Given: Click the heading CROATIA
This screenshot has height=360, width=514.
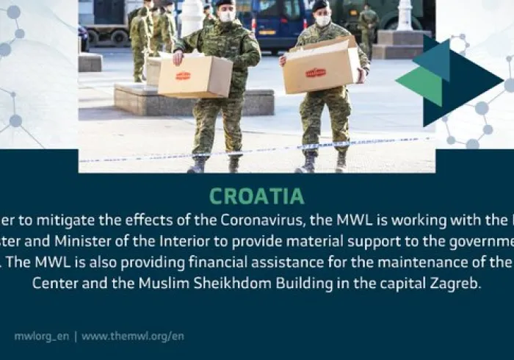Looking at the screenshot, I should pyautogui.click(x=256, y=196).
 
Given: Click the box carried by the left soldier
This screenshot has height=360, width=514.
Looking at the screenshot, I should pyautogui.click(x=195, y=76).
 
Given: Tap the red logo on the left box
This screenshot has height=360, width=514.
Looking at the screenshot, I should pyautogui.click(x=183, y=76).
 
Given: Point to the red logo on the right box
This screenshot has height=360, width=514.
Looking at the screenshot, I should pyautogui.click(x=316, y=73).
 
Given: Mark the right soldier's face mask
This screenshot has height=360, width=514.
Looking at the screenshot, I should pyautogui.click(x=322, y=21).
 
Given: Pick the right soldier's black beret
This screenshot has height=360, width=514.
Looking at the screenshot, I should pyautogui.click(x=320, y=6).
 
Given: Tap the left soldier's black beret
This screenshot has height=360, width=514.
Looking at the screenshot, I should pyautogui.click(x=223, y=3).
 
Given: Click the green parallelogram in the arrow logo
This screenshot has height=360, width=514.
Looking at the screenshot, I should pyautogui.click(x=420, y=85).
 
